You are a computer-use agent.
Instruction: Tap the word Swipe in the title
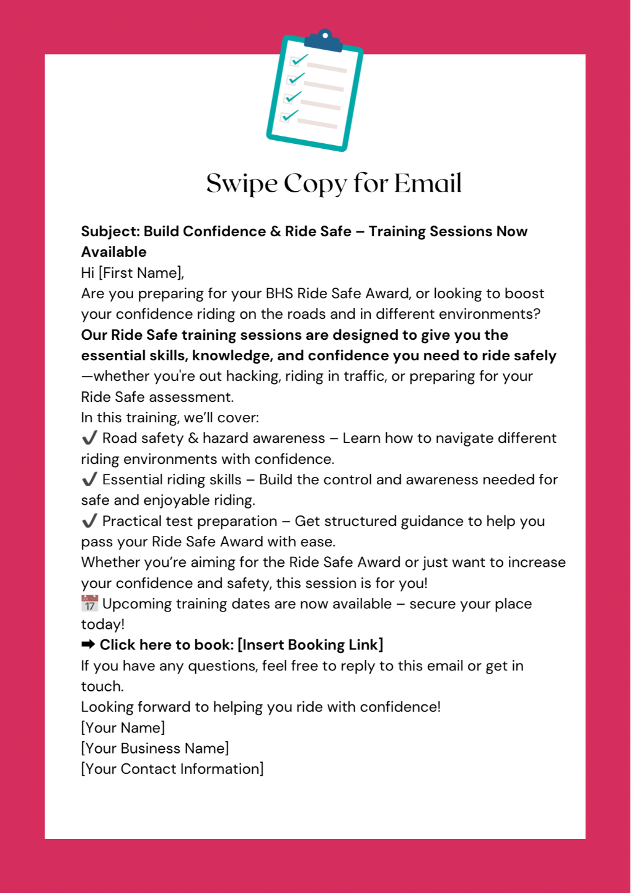click(x=242, y=184)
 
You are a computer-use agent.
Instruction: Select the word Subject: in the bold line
click(x=110, y=232)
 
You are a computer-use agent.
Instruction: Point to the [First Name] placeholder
click(x=141, y=273)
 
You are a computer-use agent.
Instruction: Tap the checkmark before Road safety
click(x=89, y=438)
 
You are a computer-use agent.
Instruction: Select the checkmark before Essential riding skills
click(x=89, y=479)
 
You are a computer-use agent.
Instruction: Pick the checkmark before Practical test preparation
click(x=89, y=521)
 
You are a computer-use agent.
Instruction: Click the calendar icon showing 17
click(x=90, y=603)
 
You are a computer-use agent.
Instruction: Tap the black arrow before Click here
click(x=88, y=645)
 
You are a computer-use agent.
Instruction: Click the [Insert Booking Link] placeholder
click(x=310, y=645)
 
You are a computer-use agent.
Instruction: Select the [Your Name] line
click(x=123, y=727)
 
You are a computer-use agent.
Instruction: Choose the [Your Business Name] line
click(x=155, y=749)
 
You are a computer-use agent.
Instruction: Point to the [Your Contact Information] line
click(x=172, y=769)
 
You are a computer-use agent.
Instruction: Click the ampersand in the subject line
click(x=276, y=232)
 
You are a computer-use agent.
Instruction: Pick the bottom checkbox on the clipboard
click(x=286, y=117)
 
